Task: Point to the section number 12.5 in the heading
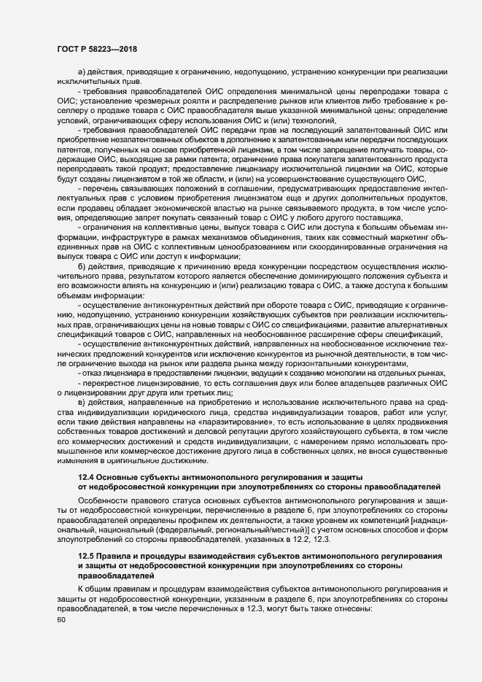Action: coord(85,557)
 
